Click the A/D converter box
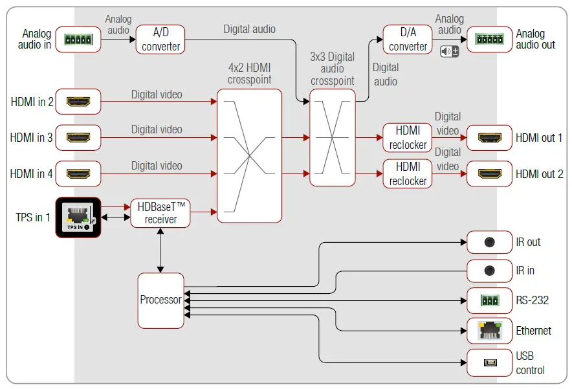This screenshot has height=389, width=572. pyautogui.click(x=160, y=39)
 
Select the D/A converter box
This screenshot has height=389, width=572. pyautogui.click(x=408, y=39)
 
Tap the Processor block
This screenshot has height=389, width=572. pyautogui.click(x=161, y=300)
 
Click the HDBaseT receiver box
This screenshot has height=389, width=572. pyautogui.click(x=160, y=213)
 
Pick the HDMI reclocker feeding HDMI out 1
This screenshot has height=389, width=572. pyautogui.click(x=408, y=138)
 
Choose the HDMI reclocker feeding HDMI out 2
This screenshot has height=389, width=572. pyautogui.click(x=408, y=173)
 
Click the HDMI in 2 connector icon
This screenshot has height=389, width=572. pyautogui.click(x=78, y=102)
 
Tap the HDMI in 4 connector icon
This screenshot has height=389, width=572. pyautogui.click(x=78, y=173)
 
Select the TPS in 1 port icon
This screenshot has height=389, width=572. pyautogui.click(x=78, y=217)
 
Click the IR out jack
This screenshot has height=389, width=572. pyautogui.click(x=489, y=242)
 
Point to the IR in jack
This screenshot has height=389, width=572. pyautogui.click(x=489, y=271)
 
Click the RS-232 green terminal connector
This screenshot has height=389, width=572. pyautogui.click(x=490, y=300)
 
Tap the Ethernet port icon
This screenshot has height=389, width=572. pyautogui.click(x=490, y=330)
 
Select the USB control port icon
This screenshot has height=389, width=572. pyautogui.click(x=490, y=362)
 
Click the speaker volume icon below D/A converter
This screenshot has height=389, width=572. pyautogui.click(x=449, y=51)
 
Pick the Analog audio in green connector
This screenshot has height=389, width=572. pyautogui.click(x=78, y=39)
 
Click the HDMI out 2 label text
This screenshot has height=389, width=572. pyautogui.click(x=539, y=174)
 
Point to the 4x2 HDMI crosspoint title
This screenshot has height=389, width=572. pyautogui.click(x=250, y=73)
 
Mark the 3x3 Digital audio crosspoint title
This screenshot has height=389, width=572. pyautogui.click(x=333, y=69)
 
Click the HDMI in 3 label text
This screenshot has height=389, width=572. pyautogui.click(x=31, y=138)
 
